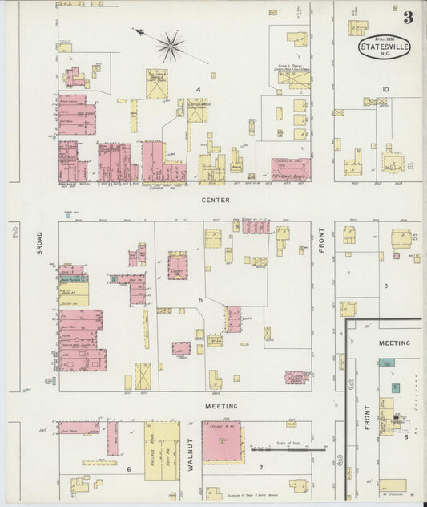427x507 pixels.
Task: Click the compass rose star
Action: point(170,46)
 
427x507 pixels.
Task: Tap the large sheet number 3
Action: point(408,18)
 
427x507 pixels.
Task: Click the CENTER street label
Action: point(216,200)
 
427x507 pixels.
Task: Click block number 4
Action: point(197,90)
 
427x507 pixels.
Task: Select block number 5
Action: point(201,300)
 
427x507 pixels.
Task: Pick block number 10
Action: point(385,90)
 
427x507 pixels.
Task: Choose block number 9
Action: point(385,286)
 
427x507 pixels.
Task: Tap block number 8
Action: point(406,436)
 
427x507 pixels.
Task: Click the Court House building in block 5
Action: point(177,265)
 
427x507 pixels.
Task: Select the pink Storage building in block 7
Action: point(222,441)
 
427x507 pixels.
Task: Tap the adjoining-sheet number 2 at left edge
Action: point(14,233)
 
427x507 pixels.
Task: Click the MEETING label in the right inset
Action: point(393,343)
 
